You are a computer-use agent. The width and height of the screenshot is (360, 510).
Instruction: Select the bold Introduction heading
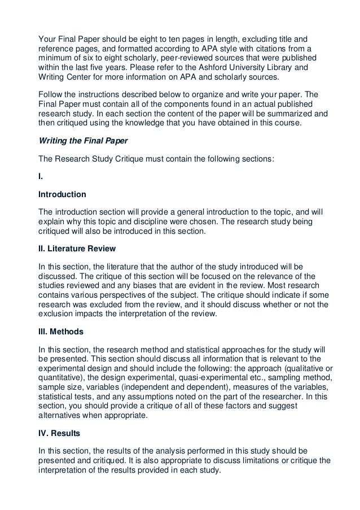coord(62,194)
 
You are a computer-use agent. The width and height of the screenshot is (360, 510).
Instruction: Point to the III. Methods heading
coord(60,332)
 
